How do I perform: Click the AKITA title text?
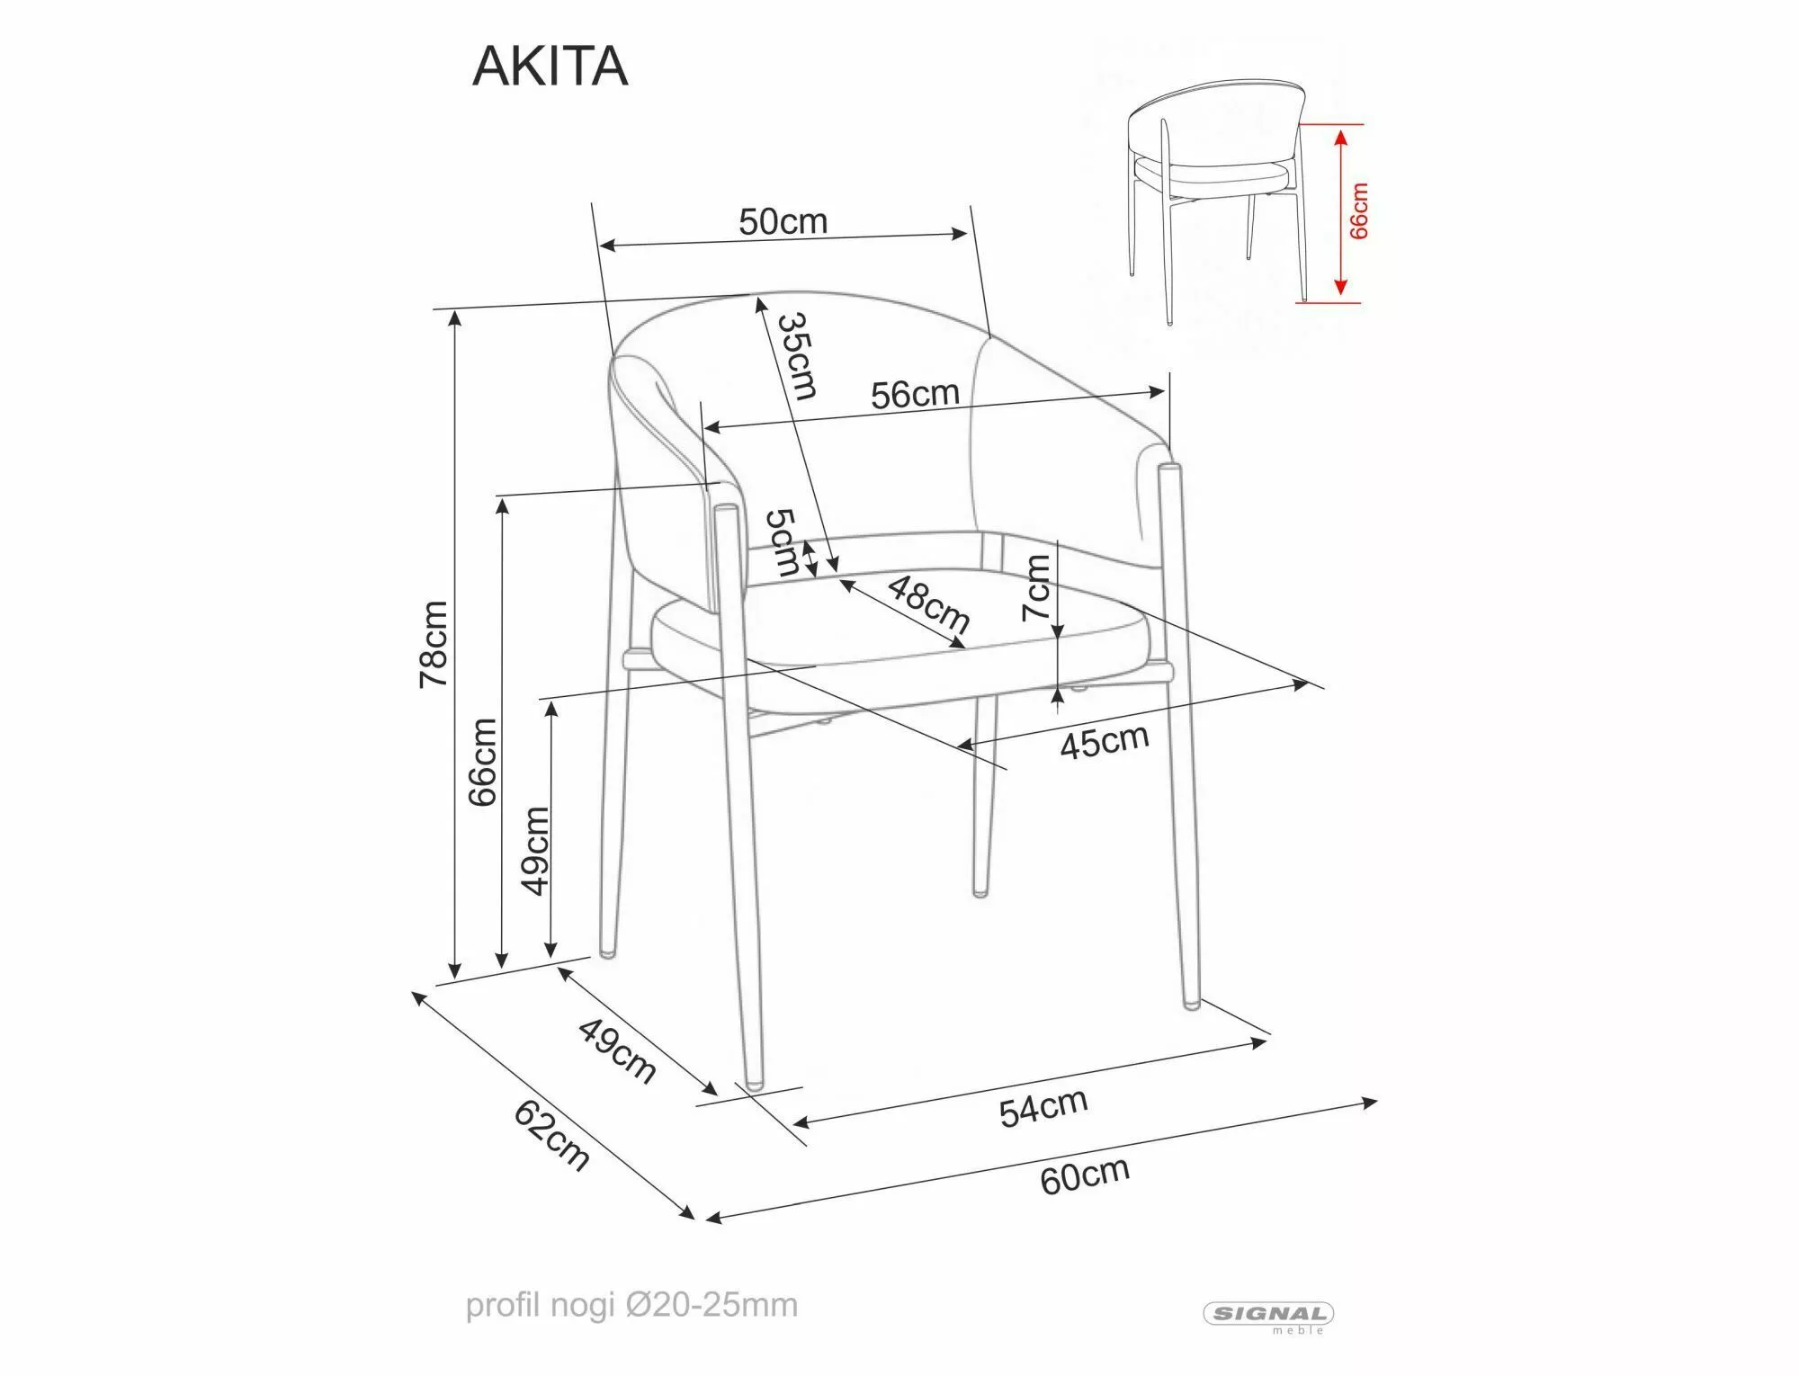pyautogui.click(x=550, y=67)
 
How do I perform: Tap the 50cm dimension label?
pyautogui.click(x=783, y=221)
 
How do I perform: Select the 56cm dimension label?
pyautogui.click(x=915, y=394)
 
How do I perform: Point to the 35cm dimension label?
pyautogui.click(x=798, y=356)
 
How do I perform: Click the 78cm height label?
pyautogui.click(x=434, y=644)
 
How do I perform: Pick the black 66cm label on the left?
pyautogui.click(x=483, y=761)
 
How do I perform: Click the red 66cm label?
pyautogui.click(x=1359, y=211)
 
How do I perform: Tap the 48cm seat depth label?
pyautogui.click(x=929, y=604)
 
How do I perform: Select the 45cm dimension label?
pyautogui.click(x=1104, y=740)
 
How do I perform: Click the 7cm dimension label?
pyautogui.click(x=1036, y=587)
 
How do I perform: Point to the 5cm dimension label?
pyautogui.click(x=782, y=542)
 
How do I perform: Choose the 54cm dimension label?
pyautogui.click(x=1043, y=1107)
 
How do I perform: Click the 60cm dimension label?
pyautogui.click(x=1084, y=1175)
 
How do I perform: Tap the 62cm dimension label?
pyautogui.click(x=551, y=1136)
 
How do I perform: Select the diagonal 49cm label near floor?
pyautogui.click(x=616, y=1050)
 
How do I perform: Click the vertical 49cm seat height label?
pyautogui.click(x=536, y=850)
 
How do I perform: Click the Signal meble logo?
pyautogui.click(x=1268, y=1316)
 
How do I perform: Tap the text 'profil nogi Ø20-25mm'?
pyautogui.click(x=631, y=1305)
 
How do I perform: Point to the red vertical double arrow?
pyautogui.click(x=1340, y=212)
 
